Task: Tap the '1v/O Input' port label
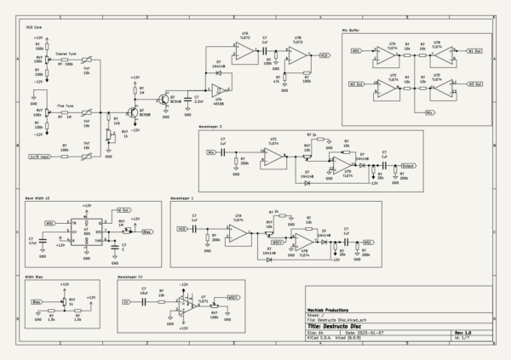(38, 156)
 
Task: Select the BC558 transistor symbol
(133, 111)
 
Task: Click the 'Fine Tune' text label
(66, 106)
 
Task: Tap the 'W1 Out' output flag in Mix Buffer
(474, 50)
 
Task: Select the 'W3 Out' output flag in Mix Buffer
(474, 83)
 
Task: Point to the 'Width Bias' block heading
(35, 276)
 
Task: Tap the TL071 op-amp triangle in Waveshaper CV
(185, 303)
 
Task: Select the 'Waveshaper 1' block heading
(181, 197)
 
